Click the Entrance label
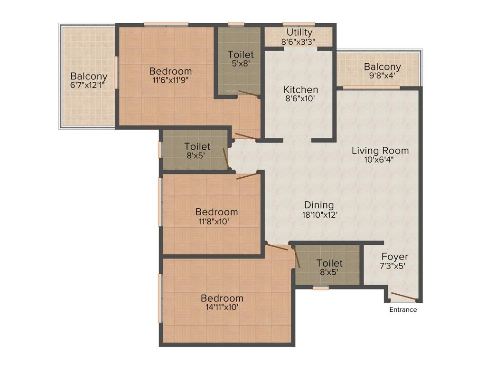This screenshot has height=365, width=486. (403, 310)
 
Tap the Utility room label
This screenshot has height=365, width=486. (299, 32)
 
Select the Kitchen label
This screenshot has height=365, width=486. (300, 89)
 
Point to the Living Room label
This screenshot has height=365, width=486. (380, 151)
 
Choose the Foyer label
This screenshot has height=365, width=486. (394, 257)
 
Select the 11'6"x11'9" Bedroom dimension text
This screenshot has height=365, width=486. (170, 80)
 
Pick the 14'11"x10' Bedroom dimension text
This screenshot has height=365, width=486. (222, 307)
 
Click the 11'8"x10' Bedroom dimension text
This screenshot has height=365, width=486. (216, 221)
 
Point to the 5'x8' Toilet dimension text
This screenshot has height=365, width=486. (240, 63)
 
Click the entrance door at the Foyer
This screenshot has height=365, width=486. (403, 298)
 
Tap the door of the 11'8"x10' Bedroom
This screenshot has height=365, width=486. (247, 176)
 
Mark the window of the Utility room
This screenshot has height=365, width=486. (299, 24)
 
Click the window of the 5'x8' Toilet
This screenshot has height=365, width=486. (235, 24)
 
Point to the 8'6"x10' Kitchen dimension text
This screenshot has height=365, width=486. (300, 99)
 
